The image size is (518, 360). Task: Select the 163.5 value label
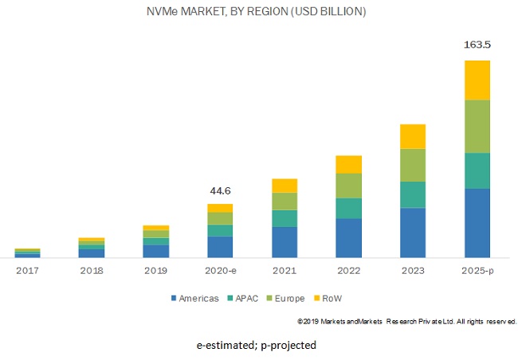tap(477, 45)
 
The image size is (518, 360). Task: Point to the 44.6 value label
tap(220, 191)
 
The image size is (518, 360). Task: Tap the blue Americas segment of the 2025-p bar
tap(477, 223)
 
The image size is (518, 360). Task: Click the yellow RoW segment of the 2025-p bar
tap(477, 80)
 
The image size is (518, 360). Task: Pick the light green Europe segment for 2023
tap(413, 165)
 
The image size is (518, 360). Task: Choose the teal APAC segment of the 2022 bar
tap(348, 208)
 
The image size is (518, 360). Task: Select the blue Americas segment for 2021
tap(285, 242)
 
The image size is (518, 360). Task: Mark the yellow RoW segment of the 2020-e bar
tap(220, 208)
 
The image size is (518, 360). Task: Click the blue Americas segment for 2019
tap(155, 251)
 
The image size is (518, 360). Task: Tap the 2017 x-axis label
tap(27, 272)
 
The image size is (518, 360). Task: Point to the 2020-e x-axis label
tap(220, 272)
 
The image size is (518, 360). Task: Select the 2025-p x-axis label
tap(477, 272)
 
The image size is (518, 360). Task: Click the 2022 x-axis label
tap(348, 272)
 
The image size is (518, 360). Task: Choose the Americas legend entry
tap(195, 299)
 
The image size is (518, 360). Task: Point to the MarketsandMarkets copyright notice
tap(407, 321)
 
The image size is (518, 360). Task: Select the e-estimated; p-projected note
tap(257, 345)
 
